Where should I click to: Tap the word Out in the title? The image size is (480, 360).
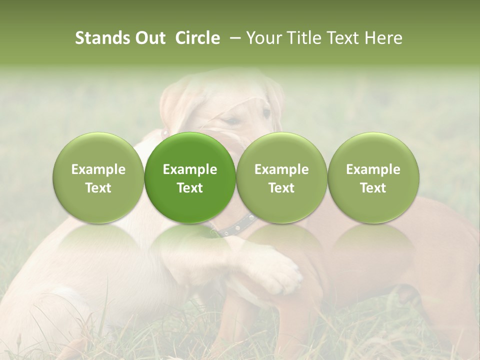click(x=148, y=38)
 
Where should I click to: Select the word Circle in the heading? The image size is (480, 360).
click(x=197, y=38)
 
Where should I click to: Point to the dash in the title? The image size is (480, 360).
click(x=233, y=38)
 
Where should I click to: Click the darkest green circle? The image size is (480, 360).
click(x=190, y=177)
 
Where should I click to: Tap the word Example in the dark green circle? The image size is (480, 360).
click(x=190, y=169)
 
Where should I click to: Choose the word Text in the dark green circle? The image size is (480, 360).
click(x=190, y=188)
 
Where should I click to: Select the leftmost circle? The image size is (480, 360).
click(x=98, y=177)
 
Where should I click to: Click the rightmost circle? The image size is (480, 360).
click(x=373, y=177)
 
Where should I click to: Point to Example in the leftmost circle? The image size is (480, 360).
click(x=98, y=169)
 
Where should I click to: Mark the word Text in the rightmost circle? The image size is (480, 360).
click(x=373, y=188)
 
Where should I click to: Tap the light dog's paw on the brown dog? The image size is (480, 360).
click(x=282, y=272)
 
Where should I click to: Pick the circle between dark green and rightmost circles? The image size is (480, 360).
click(x=281, y=177)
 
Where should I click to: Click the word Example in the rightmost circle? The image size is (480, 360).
click(x=373, y=169)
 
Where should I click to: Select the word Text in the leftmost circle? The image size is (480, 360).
click(x=98, y=188)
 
